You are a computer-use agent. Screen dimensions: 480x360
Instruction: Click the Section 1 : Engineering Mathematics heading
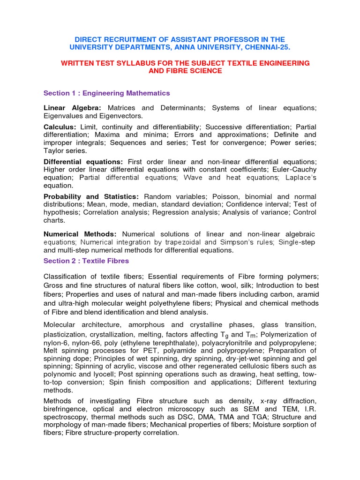click(x=106, y=93)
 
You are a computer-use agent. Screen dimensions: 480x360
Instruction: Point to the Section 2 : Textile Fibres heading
click(x=86, y=261)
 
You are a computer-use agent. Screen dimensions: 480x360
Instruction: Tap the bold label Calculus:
click(x=60, y=127)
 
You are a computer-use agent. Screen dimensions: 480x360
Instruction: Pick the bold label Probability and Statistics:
click(x=91, y=196)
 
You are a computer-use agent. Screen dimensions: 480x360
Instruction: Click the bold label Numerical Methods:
click(x=80, y=234)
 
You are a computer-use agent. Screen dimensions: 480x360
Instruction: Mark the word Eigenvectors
click(x=120, y=116)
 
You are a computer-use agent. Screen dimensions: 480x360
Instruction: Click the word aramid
click(x=306, y=294)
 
